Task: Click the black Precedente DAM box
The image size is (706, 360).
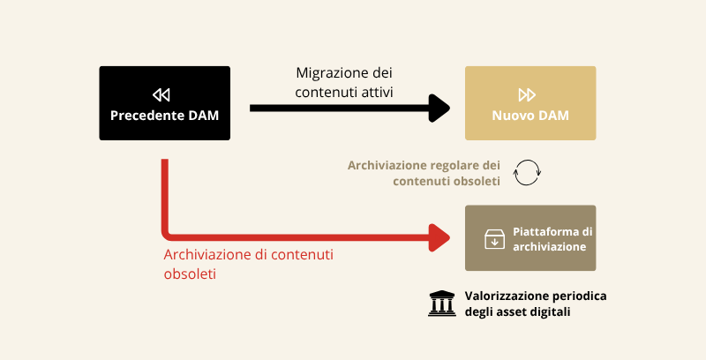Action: tap(164, 103)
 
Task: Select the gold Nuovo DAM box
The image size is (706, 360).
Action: tap(530, 103)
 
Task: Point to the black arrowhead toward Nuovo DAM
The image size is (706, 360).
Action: tap(439, 108)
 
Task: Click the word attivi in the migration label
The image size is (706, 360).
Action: tap(374, 91)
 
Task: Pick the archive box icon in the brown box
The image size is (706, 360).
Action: tap(493, 239)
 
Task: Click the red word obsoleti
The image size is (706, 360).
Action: tap(191, 274)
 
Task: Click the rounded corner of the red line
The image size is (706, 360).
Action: tap(168, 232)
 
